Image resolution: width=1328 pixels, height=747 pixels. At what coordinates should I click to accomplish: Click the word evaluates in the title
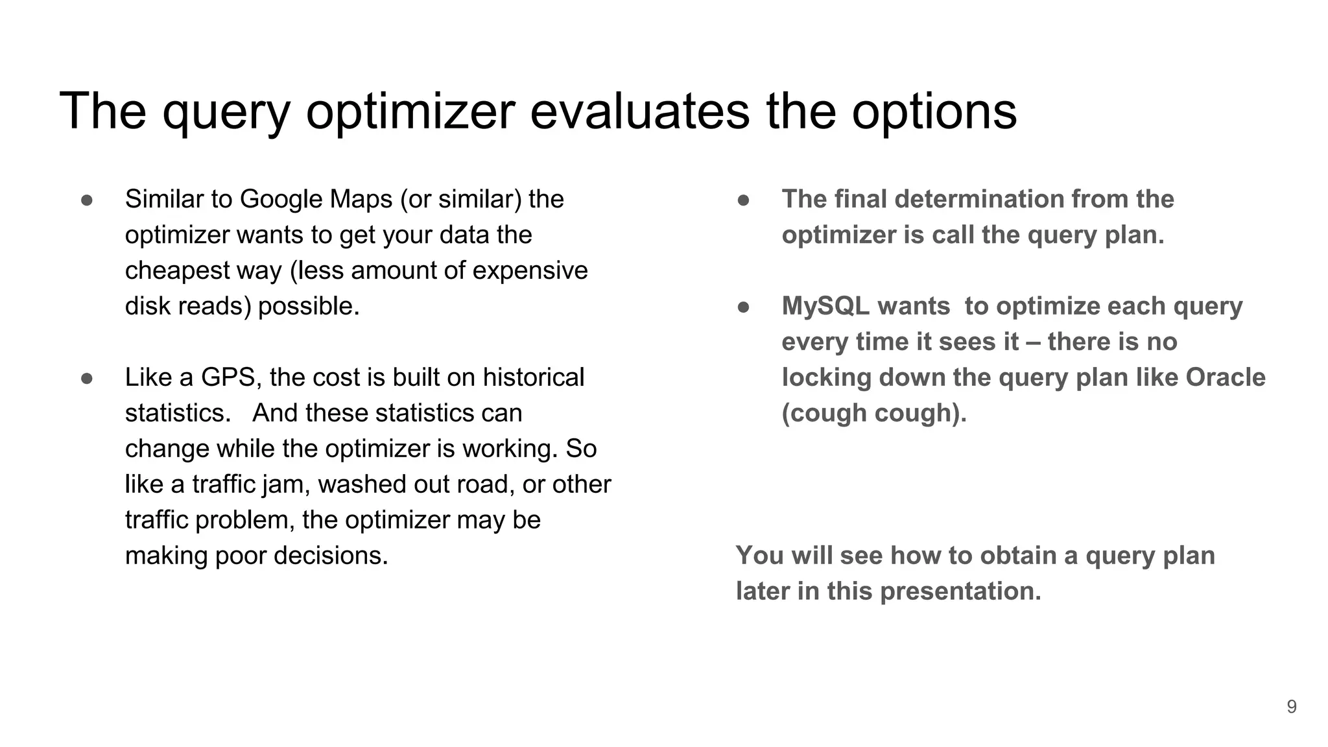pyautogui.click(x=639, y=111)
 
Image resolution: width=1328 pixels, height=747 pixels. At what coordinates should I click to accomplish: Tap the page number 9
pyautogui.click(x=1291, y=707)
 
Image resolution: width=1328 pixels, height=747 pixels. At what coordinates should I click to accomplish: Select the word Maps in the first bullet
pyautogui.click(x=361, y=199)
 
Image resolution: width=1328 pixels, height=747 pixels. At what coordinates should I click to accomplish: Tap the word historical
pyautogui.click(x=533, y=377)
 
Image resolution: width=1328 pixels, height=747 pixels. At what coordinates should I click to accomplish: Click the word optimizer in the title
pyautogui.click(x=410, y=111)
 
